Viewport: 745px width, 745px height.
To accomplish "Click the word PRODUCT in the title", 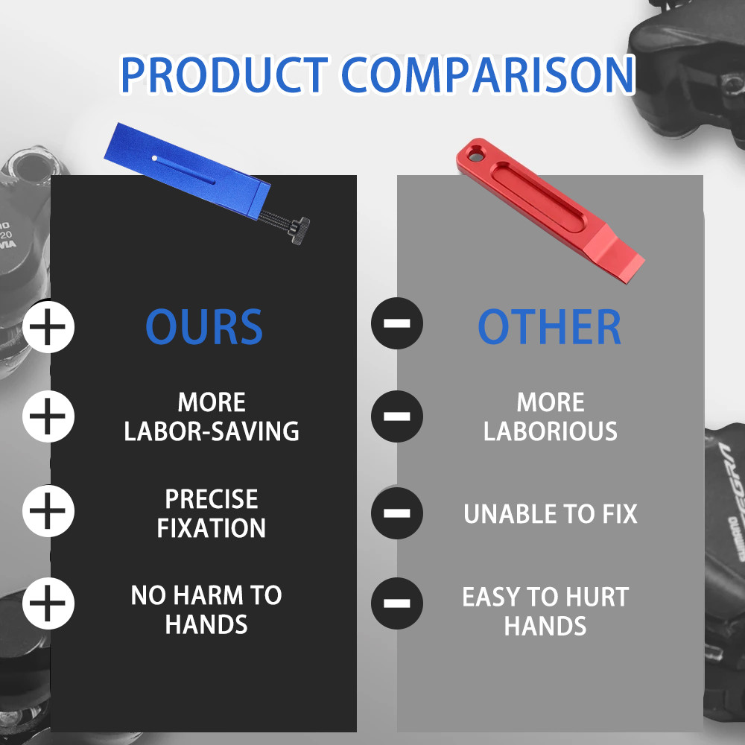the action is pyautogui.click(x=224, y=74).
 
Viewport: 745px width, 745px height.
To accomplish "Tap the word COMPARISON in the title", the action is pyautogui.click(x=487, y=74).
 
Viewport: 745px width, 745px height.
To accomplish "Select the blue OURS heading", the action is pyautogui.click(x=204, y=326).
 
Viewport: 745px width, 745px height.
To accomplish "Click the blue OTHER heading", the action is pyautogui.click(x=549, y=326).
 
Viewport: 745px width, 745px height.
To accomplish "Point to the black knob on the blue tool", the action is pyautogui.click(x=299, y=230).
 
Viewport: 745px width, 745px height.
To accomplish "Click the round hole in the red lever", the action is pyautogui.click(x=475, y=156).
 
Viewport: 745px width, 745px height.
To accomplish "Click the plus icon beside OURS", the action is pyautogui.click(x=48, y=327).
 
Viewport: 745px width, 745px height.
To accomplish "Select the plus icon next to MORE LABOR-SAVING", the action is pyautogui.click(x=48, y=416).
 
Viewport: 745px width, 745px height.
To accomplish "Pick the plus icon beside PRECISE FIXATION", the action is pyautogui.click(x=48, y=511).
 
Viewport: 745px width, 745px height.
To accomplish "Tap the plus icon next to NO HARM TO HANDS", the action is pyautogui.click(x=48, y=603).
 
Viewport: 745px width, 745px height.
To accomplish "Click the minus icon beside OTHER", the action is pyautogui.click(x=397, y=323).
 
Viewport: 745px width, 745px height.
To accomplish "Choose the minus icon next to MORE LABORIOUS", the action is pyautogui.click(x=397, y=416).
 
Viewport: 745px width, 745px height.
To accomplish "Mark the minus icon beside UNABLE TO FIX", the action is pyautogui.click(x=397, y=513).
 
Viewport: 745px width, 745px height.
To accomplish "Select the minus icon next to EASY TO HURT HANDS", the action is pyautogui.click(x=397, y=603).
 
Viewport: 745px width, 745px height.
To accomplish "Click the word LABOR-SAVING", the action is pyautogui.click(x=212, y=431).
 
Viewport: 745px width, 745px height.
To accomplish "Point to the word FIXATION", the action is pyautogui.click(x=212, y=528).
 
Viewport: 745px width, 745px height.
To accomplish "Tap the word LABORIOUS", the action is pyautogui.click(x=551, y=431).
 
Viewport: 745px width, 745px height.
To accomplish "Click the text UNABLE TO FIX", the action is pyautogui.click(x=551, y=513).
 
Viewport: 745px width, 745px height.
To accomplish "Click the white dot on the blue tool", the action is pyautogui.click(x=154, y=158).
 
